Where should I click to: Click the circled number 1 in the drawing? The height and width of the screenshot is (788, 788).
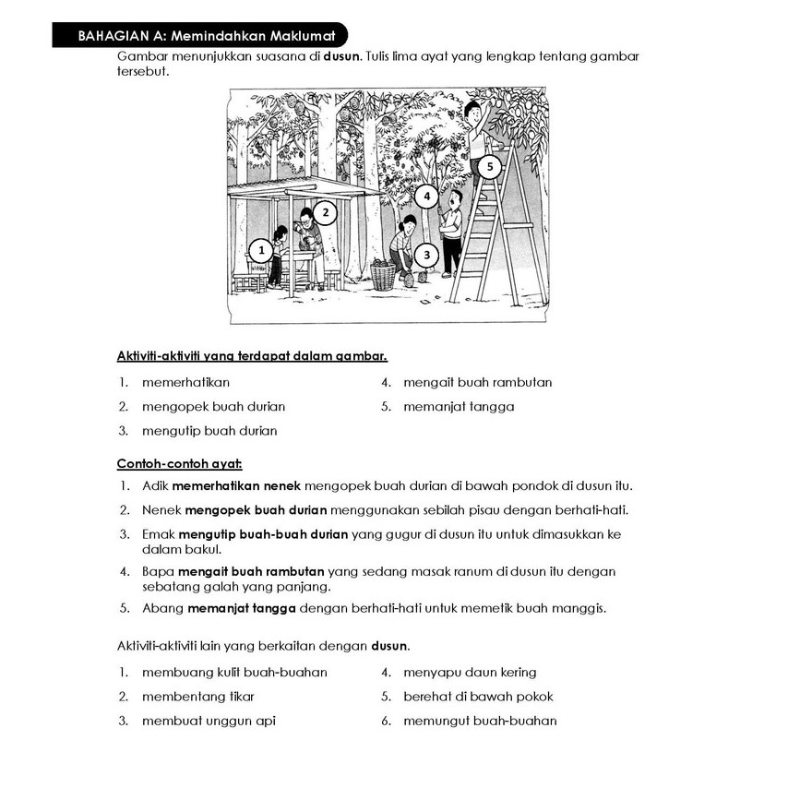[x=261, y=250]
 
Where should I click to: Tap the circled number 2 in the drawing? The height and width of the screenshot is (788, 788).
[x=325, y=213]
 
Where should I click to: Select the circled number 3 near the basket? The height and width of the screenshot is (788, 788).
[x=425, y=254]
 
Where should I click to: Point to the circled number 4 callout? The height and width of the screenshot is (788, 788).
[x=427, y=196]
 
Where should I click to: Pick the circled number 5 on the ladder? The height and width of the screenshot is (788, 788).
[x=490, y=167]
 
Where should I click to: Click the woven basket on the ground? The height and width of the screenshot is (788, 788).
[x=383, y=275]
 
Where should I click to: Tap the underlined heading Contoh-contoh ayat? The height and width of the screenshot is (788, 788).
[x=179, y=463]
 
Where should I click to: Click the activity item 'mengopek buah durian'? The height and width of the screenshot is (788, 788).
[x=213, y=406]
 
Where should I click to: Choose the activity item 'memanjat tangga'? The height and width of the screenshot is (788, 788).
[x=459, y=406]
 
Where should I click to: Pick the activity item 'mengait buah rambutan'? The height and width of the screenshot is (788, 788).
[x=477, y=382]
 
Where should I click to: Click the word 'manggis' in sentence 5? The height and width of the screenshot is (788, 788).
[x=580, y=608]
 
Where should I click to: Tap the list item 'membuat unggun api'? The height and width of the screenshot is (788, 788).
[x=209, y=721]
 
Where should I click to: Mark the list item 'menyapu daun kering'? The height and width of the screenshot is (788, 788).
[x=470, y=672]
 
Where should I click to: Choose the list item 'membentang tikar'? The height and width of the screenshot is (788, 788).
[x=198, y=697]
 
